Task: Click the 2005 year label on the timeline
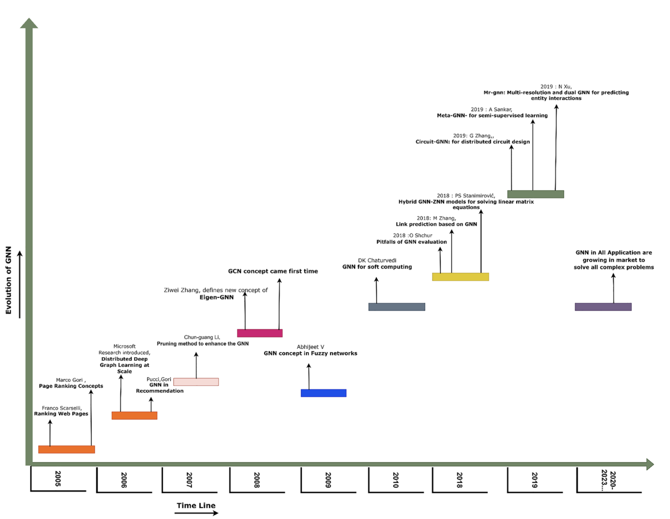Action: click(58, 478)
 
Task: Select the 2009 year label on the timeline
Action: click(328, 480)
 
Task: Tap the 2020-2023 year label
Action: click(608, 480)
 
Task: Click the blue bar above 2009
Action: click(324, 393)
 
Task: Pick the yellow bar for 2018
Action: click(460, 277)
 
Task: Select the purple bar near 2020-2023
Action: click(603, 307)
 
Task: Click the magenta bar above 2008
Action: click(260, 333)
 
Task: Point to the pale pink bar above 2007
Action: click(196, 382)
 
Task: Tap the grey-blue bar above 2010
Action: click(397, 307)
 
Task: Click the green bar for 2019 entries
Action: click(535, 194)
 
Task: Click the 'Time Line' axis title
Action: click(196, 505)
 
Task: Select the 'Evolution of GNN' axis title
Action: click(9, 280)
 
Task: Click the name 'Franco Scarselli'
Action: click(62, 408)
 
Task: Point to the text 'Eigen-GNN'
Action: click(217, 297)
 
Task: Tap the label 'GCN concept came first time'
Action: click(273, 271)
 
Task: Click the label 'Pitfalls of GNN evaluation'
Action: click(412, 242)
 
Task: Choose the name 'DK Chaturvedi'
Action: click(377, 260)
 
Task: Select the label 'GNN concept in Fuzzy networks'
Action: click(310, 353)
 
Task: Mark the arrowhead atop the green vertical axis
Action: click(29, 23)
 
